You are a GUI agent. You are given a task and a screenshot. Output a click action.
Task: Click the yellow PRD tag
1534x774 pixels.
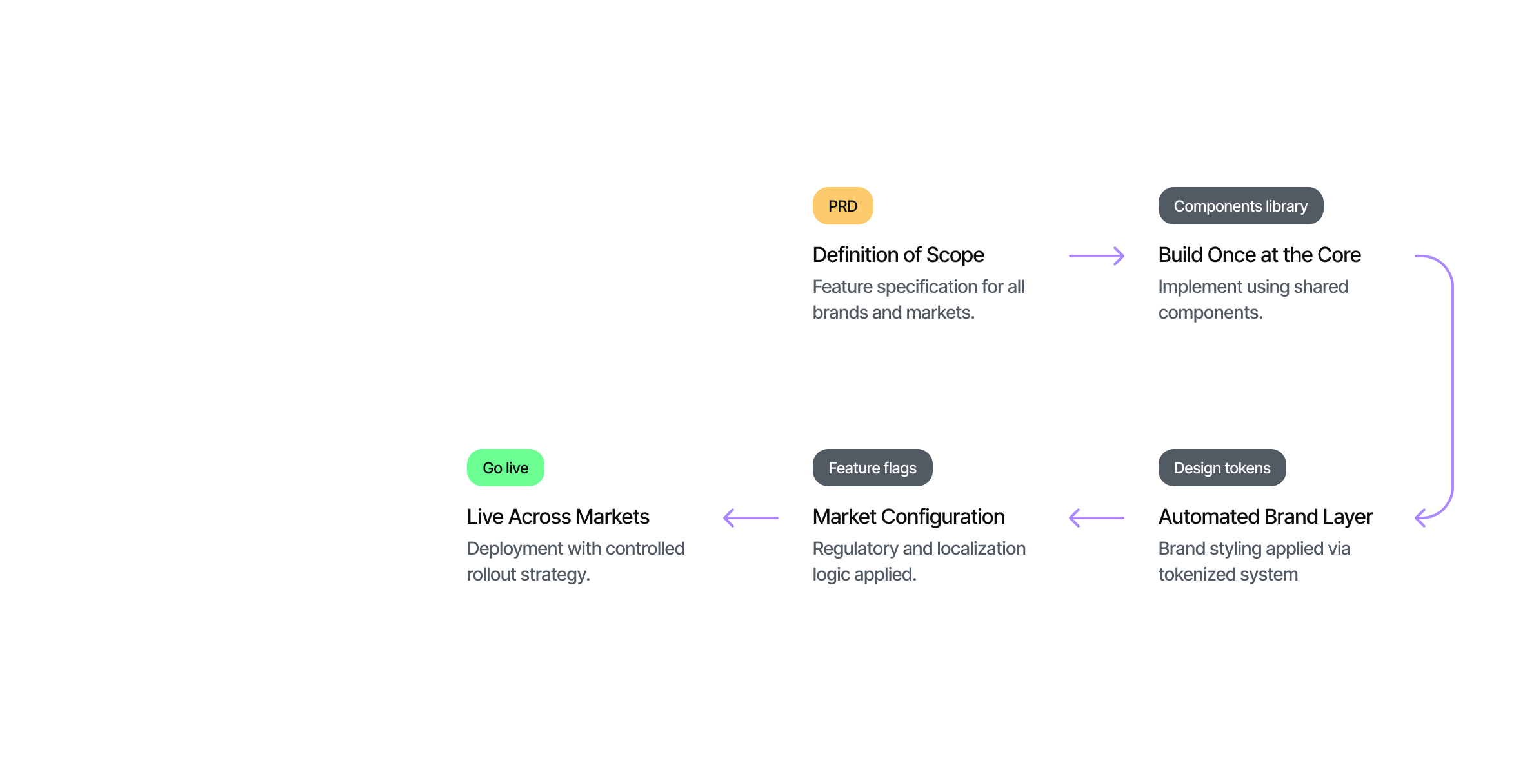[x=842, y=206]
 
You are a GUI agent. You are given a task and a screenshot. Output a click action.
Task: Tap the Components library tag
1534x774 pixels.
[x=1240, y=206]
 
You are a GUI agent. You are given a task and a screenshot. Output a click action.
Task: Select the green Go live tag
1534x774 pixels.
[x=505, y=468]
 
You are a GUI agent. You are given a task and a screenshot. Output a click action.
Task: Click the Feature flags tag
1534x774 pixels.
[x=872, y=468]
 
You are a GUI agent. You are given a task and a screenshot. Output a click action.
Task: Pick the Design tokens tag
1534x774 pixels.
[x=1221, y=468]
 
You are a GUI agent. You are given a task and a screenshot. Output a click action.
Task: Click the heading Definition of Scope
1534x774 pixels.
[x=898, y=255]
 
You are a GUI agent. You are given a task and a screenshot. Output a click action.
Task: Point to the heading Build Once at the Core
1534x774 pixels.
[x=1259, y=255]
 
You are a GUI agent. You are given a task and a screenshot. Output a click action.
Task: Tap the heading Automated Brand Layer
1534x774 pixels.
[x=1264, y=517]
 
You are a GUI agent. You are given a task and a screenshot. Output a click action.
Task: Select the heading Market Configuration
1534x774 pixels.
[x=908, y=517]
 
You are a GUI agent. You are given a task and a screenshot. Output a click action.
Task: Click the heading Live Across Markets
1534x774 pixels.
[x=557, y=517]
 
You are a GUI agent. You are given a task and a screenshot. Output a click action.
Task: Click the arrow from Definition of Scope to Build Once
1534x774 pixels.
[x=1096, y=256]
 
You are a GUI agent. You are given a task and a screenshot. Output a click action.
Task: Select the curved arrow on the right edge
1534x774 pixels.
[x=1451, y=387]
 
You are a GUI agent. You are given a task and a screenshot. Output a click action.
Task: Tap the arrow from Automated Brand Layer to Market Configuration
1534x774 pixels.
[x=1096, y=517]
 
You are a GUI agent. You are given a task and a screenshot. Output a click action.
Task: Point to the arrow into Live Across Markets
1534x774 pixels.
[x=750, y=517]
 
